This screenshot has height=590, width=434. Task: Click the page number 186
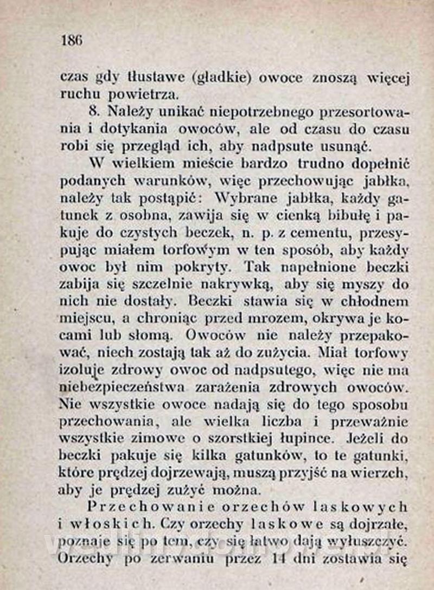[72, 40]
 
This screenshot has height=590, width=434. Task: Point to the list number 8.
[94, 112]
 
